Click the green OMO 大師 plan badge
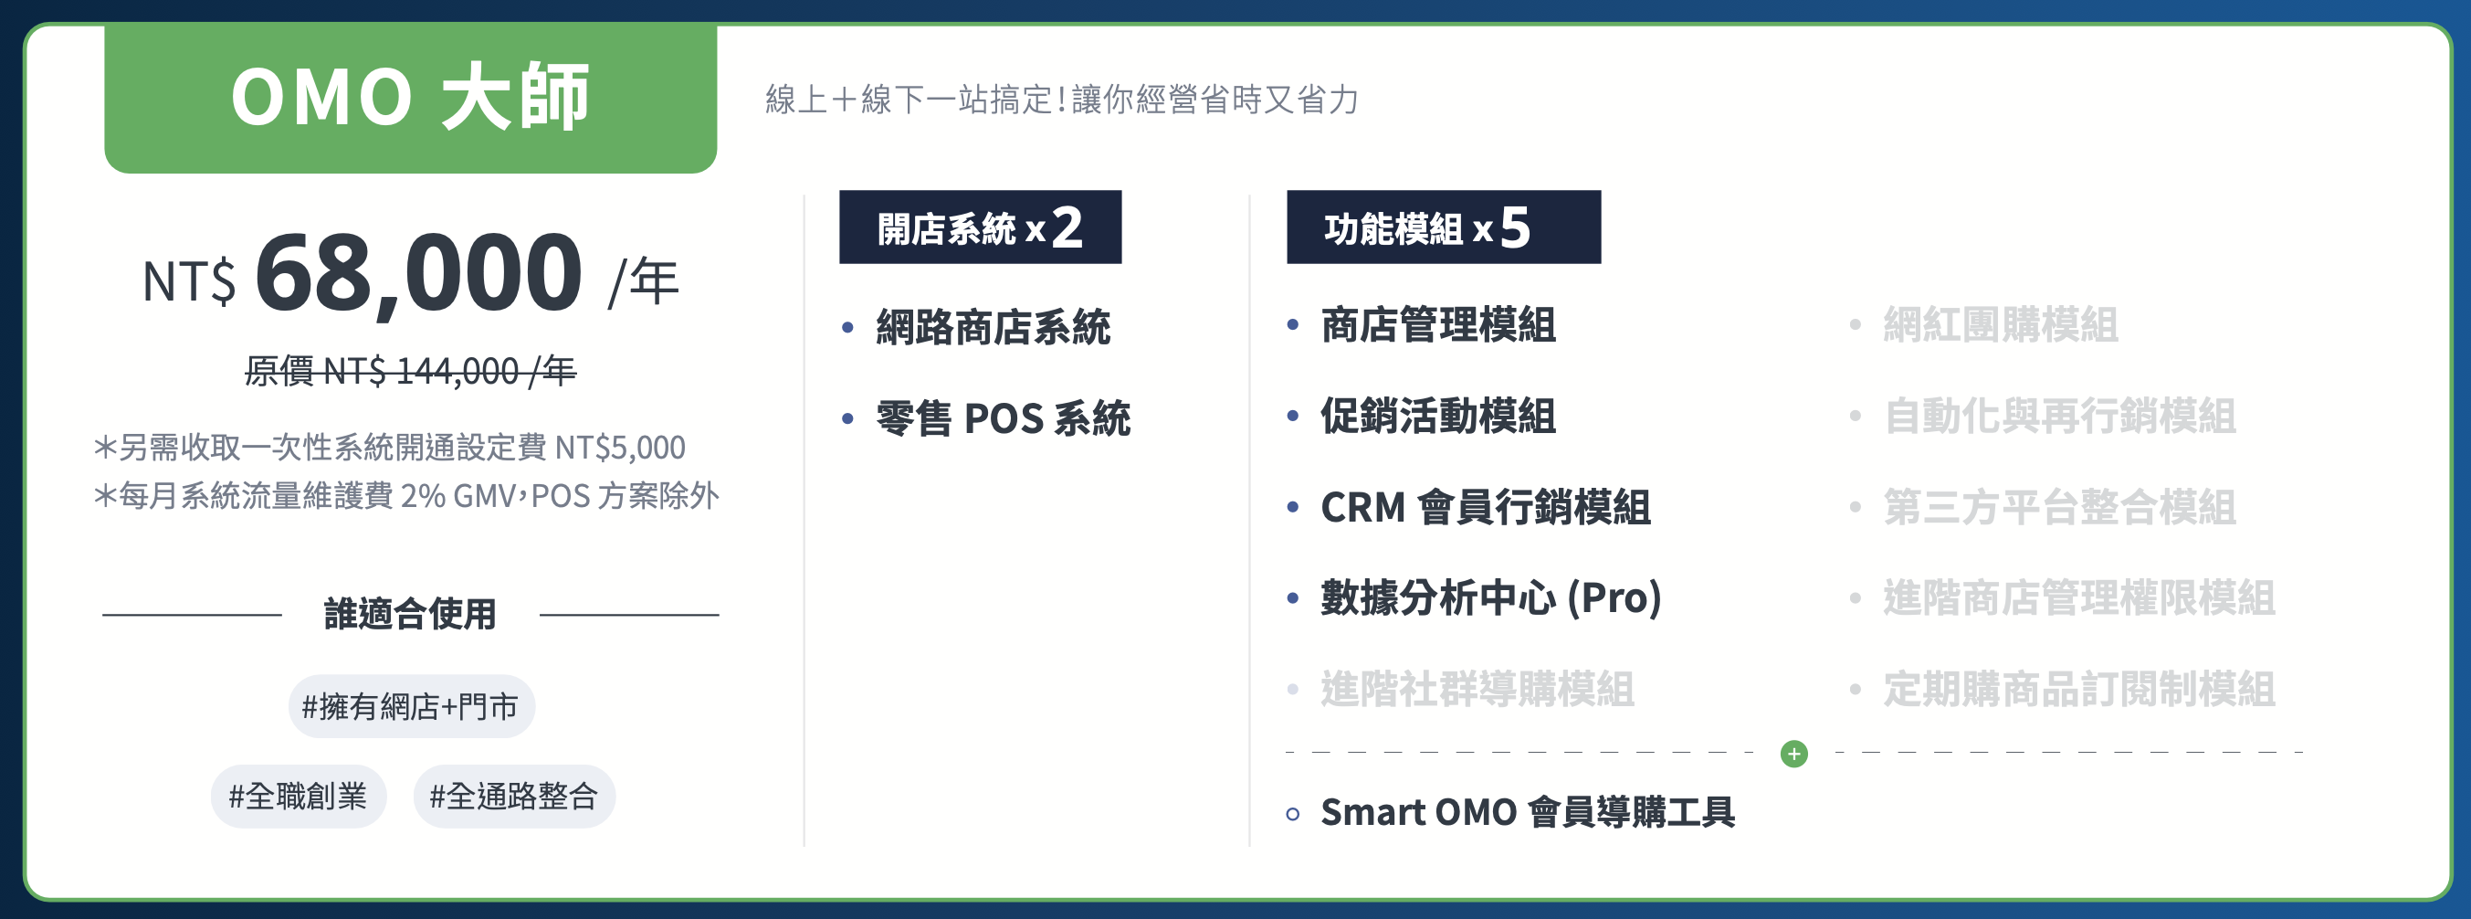(411, 98)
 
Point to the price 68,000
(418, 273)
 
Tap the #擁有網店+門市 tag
(412, 706)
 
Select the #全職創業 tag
(299, 797)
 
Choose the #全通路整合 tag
(514, 797)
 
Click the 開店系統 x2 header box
(981, 227)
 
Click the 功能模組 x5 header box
(1444, 227)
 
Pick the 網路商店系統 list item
(993, 327)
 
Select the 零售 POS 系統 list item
(1004, 418)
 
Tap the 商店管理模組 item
(1438, 324)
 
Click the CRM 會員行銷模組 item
(1486, 506)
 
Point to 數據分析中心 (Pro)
(1490, 597)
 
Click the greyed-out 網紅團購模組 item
(2000, 324)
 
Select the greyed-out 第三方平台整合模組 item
(2059, 506)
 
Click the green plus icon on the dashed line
(1793, 753)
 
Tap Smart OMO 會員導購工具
(1528, 811)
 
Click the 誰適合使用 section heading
(411, 614)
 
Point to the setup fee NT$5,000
(620, 447)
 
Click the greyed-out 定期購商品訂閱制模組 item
(2078, 689)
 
